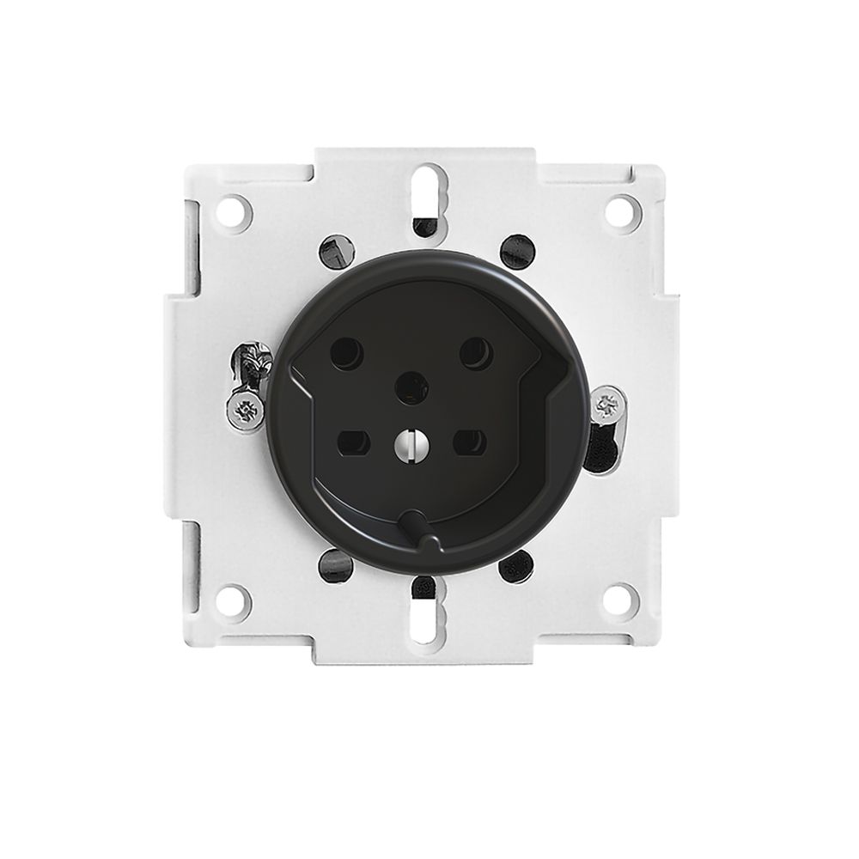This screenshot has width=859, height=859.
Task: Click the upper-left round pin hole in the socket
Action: [346, 353]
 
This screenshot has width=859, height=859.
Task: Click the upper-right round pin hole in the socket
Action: [476, 353]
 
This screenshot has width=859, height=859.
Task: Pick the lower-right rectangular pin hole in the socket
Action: [470, 442]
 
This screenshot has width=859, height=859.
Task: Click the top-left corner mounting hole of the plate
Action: [234, 211]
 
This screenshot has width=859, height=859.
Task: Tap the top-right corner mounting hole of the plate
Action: [622, 211]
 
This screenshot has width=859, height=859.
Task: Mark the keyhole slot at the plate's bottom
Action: [428, 614]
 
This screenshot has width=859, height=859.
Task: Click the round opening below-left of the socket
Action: [335, 564]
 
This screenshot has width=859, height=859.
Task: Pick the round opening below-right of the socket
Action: [515, 566]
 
